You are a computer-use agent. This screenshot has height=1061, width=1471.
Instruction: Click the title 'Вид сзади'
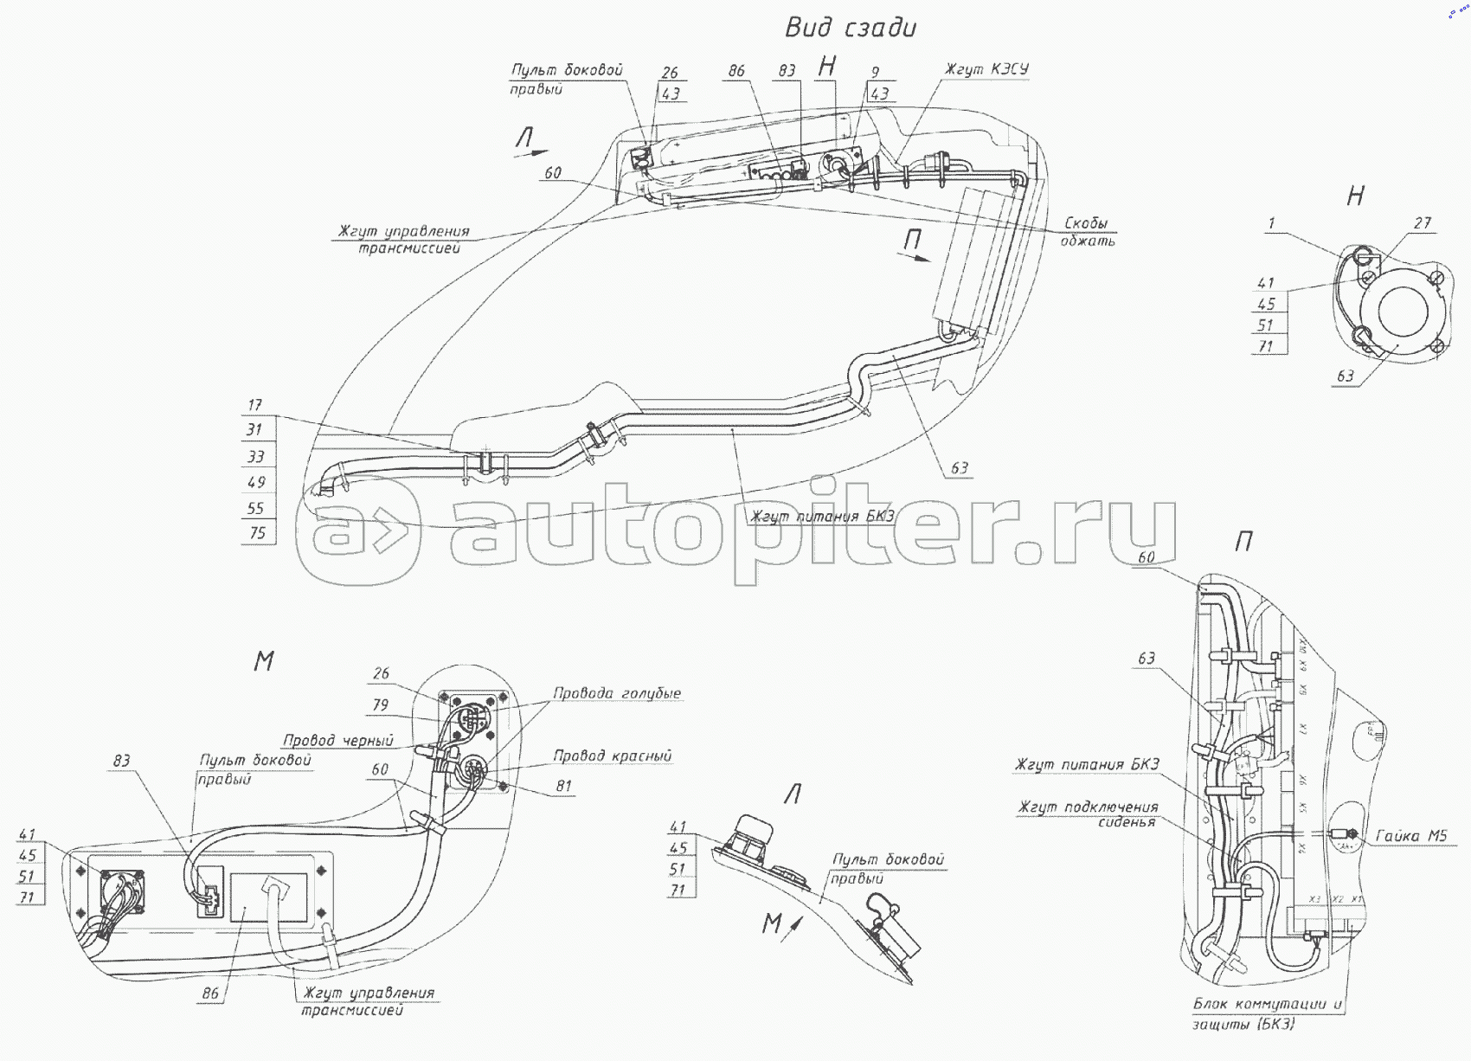pyautogui.click(x=850, y=28)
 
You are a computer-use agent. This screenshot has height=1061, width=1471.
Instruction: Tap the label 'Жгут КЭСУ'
pyautogui.click(x=986, y=69)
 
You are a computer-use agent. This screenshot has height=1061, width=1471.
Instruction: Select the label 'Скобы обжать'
pyautogui.click(x=1087, y=232)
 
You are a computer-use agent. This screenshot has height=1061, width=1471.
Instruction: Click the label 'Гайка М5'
pyautogui.click(x=1410, y=836)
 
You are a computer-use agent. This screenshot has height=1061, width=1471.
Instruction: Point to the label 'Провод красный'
pyautogui.click(x=612, y=756)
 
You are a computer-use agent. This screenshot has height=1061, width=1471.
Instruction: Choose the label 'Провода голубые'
pyautogui.click(x=616, y=693)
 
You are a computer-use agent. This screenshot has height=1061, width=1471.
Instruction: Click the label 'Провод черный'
pyautogui.click(x=337, y=740)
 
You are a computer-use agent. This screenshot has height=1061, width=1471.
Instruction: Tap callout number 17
pyautogui.click(x=254, y=405)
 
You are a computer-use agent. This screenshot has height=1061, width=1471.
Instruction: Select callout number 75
pyautogui.click(x=257, y=533)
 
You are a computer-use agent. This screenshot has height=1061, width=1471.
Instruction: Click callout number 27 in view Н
pyautogui.click(x=1423, y=223)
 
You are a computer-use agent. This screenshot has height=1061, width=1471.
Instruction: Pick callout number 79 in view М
pyautogui.click(x=381, y=704)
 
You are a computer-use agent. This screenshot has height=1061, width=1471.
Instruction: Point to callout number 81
pyautogui.click(x=563, y=786)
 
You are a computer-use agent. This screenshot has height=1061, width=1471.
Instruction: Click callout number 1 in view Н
pyautogui.click(x=1271, y=224)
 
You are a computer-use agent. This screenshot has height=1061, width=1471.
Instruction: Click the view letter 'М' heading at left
pyautogui.click(x=264, y=661)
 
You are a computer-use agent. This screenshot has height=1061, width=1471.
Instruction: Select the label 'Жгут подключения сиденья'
pyautogui.click(x=1088, y=814)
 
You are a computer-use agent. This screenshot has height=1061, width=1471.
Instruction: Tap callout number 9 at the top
pyautogui.click(x=875, y=73)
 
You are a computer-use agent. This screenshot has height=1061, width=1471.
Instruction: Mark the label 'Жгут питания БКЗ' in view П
pyautogui.click(x=1086, y=765)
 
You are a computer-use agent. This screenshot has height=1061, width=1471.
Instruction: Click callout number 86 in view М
pyautogui.click(x=210, y=993)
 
